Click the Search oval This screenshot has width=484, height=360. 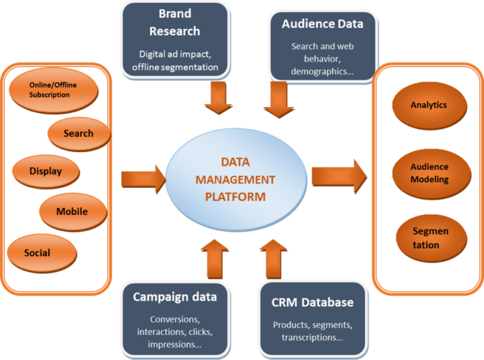pyautogui.click(x=78, y=133)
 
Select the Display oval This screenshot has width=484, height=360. pyautogui.click(x=46, y=171)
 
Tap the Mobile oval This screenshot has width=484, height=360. pyautogui.click(x=72, y=211)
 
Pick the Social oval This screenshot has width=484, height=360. pyautogui.click(x=37, y=252)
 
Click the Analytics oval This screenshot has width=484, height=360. pyautogui.click(x=429, y=106)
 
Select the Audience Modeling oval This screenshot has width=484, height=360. pyautogui.click(x=429, y=173)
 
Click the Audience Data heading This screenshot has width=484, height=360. pyautogui.click(x=322, y=23)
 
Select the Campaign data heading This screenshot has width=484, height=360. pyautogui.click(x=175, y=297)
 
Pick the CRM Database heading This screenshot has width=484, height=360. pyautogui.click(x=313, y=302)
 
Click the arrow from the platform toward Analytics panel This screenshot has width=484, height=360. pyautogui.click(x=338, y=177)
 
